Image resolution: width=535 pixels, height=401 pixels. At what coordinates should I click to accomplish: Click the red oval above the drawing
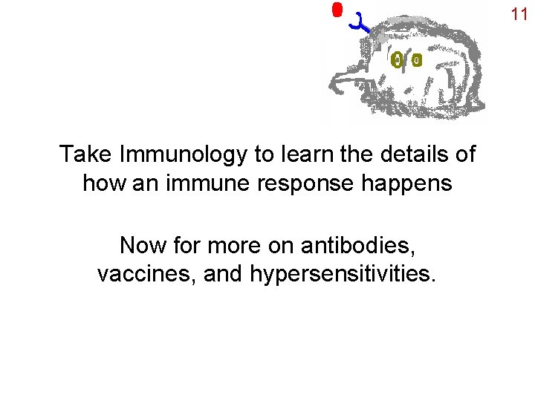point(337,10)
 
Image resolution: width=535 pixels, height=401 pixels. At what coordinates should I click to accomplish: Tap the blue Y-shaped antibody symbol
point(362,23)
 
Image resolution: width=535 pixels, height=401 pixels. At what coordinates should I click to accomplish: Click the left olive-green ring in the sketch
point(398,60)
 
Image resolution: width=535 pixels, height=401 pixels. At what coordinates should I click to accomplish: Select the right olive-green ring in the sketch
point(416,60)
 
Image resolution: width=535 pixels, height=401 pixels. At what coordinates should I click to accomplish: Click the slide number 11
point(519,13)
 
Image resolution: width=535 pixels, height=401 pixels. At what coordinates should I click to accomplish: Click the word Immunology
point(182,154)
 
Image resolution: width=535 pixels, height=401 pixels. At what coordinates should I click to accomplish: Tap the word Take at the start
point(85,154)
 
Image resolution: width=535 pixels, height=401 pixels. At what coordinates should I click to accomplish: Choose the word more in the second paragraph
point(224,244)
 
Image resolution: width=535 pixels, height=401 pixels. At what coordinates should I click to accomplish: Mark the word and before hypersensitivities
point(222,274)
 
